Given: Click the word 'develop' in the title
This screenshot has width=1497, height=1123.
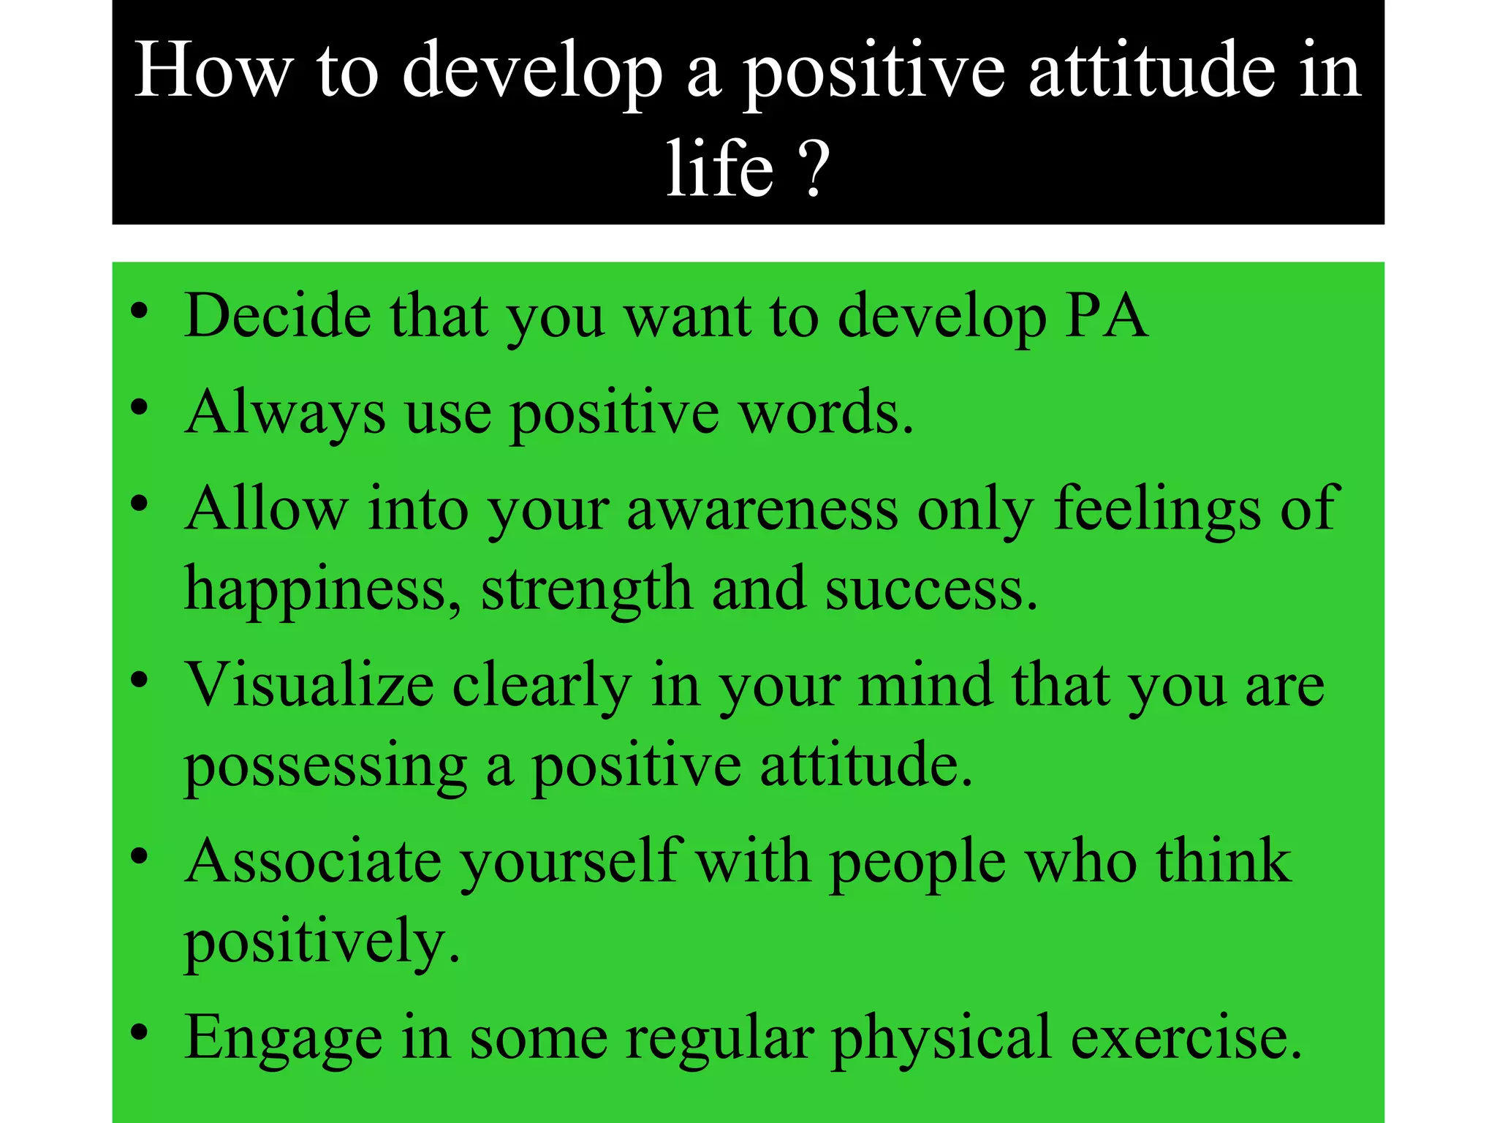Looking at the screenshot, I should pos(532,72).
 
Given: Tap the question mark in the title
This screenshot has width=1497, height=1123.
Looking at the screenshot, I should pos(814,170).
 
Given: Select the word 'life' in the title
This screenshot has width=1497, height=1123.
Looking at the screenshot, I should pos(719,170).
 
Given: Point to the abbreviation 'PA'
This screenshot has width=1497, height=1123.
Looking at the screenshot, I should pos(1105,316).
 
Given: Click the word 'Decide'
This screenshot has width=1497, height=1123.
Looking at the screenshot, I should pos(278,316).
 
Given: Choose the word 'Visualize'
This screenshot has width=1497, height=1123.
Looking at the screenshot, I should pos(309,686).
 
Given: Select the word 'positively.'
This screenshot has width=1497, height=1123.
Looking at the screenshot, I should pos(322,943).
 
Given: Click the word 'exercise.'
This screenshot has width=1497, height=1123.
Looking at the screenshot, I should pos(1186,1038).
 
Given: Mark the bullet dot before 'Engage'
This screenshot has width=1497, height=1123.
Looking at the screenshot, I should pos(140,1033).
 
